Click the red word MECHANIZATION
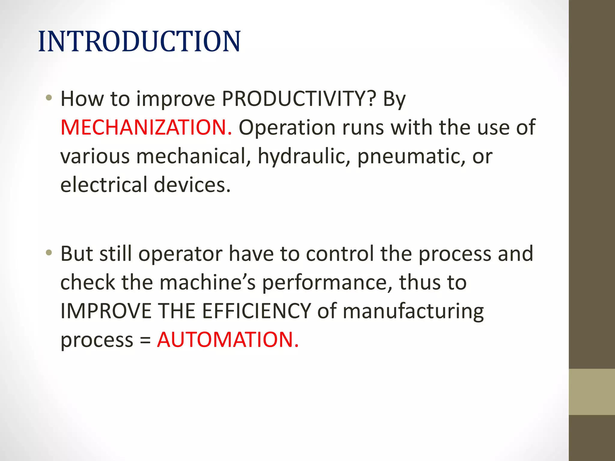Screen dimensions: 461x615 tap(146, 128)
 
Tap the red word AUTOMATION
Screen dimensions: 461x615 tap(228, 340)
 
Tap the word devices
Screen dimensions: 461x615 tap(192, 185)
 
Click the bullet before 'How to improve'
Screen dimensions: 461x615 tap(49, 98)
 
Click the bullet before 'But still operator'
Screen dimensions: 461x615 tap(49, 253)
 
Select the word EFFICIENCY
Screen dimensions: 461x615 tap(256, 311)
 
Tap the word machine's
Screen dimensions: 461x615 tap(208, 283)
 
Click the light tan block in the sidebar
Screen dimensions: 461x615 tap(592, 392)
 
